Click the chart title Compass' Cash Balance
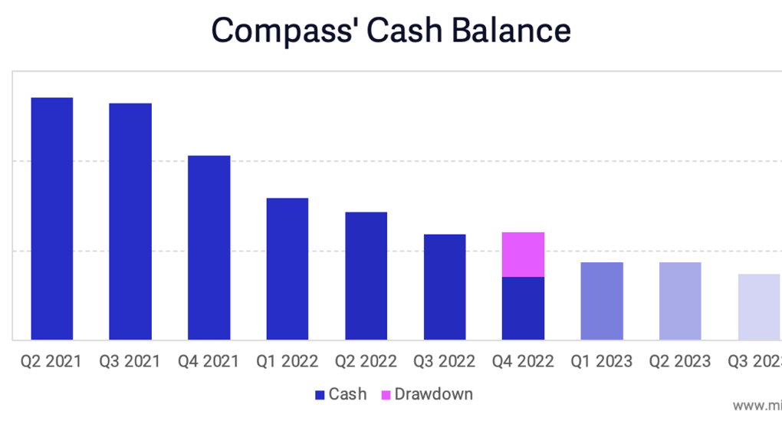coord(391,31)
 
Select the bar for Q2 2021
coord(52,219)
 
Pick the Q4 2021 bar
coord(209,247)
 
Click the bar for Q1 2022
coord(287,268)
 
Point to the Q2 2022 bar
coord(366,275)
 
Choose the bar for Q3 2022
coord(445,287)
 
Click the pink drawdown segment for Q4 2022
coord(523,255)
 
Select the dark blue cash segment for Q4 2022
coord(523,308)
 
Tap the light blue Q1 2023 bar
coord(602,301)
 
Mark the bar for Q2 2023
coord(680,301)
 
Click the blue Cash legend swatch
coord(320,395)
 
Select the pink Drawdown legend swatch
coord(386,395)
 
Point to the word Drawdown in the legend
coord(433,395)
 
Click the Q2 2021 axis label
coord(51,361)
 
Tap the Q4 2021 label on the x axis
coord(209,361)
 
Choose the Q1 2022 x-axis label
coord(287,361)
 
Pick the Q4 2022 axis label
coord(522,361)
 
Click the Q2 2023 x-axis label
coord(679,361)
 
